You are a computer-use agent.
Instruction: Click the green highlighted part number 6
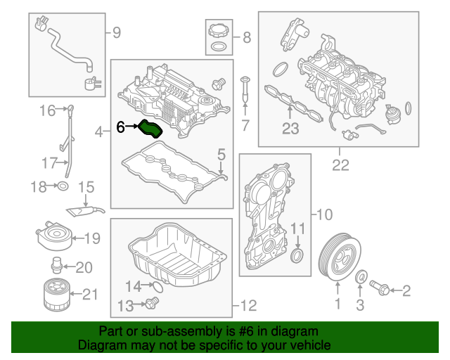pyautogui.click(x=151, y=129)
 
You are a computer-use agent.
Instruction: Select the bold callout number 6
pyautogui.click(x=120, y=127)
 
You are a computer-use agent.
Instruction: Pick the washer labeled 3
pyautogui.click(x=361, y=277)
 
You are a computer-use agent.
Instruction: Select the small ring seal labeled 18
pyautogui.click(x=63, y=186)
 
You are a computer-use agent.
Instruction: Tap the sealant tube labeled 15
pyautogui.click(x=86, y=208)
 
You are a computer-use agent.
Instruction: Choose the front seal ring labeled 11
pyautogui.click(x=300, y=253)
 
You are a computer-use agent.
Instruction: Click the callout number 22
pyautogui.click(x=340, y=166)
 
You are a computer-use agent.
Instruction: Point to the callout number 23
pyautogui.click(x=290, y=128)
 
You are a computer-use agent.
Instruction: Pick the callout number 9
pyautogui.click(x=116, y=32)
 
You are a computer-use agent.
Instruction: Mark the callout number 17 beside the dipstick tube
pyautogui.click(x=48, y=163)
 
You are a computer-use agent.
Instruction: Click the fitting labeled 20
pyautogui.click(x=55, y=266)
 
